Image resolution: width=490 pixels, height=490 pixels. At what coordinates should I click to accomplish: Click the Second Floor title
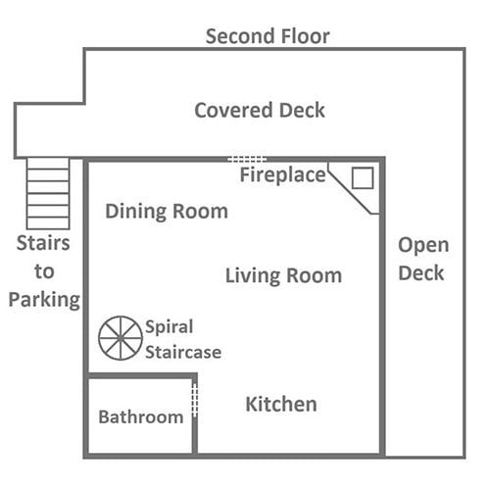pyautogui.click(x=268, y=36)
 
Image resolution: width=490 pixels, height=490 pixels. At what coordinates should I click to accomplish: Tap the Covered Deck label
pyautogui.click(x=260, y=110)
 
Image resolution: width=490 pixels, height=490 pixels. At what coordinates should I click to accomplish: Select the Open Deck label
pyautogui.click(x=423, y=259)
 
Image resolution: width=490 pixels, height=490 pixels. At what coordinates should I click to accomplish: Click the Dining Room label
pyautogui.click(x=167, y=212)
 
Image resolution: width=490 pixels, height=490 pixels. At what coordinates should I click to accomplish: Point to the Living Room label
pyautogui.click(x=283, y=275)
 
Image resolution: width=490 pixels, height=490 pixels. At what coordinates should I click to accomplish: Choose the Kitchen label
pyautogui.click(x=281, y=404)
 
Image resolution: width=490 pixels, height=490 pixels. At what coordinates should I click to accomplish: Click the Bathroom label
pyautogui.click(x=141, y=417)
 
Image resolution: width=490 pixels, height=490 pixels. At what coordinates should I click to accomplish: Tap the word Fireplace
pyautogui.click(x=283, y=175)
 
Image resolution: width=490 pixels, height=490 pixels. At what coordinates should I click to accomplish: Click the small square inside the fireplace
pyautogui.click(x=363, y=178)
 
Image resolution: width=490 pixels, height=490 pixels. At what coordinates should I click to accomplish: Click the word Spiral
pyautogui.click(x=170, y=327)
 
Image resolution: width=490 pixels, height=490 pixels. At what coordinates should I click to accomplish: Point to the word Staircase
pyautogui.click(x=183, y=352)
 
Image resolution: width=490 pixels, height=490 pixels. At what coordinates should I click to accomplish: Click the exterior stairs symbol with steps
pyautogui.click(x=48, y=193)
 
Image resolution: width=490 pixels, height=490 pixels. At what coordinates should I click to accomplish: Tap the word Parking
pyautogui.click(x=44, y=300)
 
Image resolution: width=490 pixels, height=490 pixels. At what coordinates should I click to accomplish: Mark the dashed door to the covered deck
pyautogui.click(x=247, y=160)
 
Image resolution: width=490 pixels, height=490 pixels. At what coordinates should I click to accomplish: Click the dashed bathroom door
pyautogui.click(x=195, y=400)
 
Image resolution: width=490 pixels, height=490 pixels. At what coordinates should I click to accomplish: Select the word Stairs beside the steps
pyautogui.click(x=43, y=243)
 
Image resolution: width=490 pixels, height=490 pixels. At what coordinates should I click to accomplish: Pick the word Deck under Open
pyautogui.click(x=421, y=273)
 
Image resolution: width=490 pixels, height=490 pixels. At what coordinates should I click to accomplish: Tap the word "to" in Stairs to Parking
pyautogui.click(x=44, y=271)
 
